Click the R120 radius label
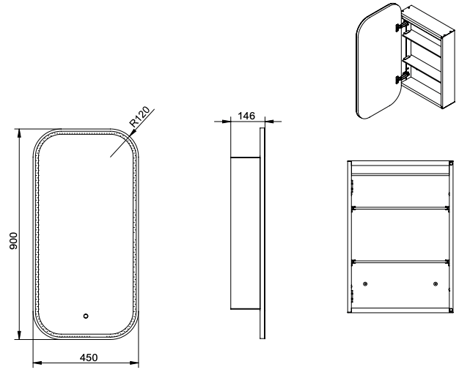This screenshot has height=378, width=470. point(139,116)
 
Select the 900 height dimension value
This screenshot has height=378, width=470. point(14,241)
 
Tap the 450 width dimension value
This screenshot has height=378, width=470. point(89,357)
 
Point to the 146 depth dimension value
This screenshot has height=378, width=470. point(246,116)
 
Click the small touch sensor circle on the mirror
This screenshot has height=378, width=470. point(86,316)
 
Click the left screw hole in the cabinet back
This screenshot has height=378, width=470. point(365,283)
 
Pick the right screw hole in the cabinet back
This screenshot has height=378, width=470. point(436,283)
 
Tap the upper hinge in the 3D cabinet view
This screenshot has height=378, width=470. point(402,25)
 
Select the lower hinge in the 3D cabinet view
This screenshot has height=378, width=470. point(402,77)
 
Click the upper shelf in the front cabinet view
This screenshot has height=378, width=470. point(400,207)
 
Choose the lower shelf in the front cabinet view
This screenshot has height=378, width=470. point(400,262)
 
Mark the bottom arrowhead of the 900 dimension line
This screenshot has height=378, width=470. point(20,336)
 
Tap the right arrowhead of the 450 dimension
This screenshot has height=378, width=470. point(134,363)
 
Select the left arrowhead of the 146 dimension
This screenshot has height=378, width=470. point(227,122)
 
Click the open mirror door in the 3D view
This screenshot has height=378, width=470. point(379,61)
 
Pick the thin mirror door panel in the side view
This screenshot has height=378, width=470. point(262,234)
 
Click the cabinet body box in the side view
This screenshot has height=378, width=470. point(245,233)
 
